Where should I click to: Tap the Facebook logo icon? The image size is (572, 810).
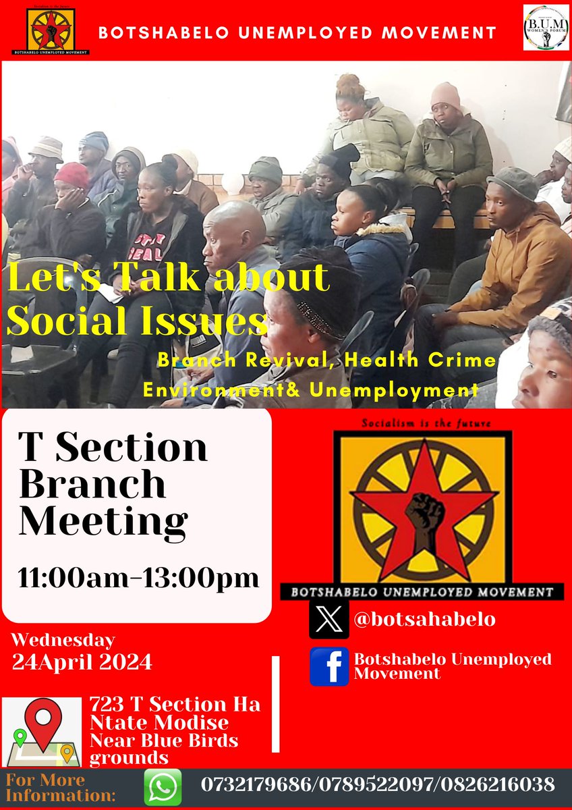tap(329, 666)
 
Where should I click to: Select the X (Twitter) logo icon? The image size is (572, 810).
tap(329, 619)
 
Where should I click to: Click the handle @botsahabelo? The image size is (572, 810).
tap(424, 619)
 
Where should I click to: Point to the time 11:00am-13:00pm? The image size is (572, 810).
tap(138, 578)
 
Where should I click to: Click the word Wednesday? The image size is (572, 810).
tap(63, 639)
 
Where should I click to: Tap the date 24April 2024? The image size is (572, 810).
tap(82, 661)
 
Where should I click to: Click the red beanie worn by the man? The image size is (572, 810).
tap(71, 174)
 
